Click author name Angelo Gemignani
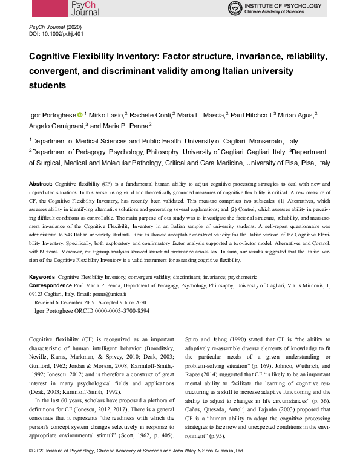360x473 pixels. click(x=57, y=126)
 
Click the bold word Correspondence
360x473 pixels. click(x=52, y=284)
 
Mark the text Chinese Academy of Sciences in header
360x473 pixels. click(x=286, y=12)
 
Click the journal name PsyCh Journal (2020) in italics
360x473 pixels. click(x=55, y=28)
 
